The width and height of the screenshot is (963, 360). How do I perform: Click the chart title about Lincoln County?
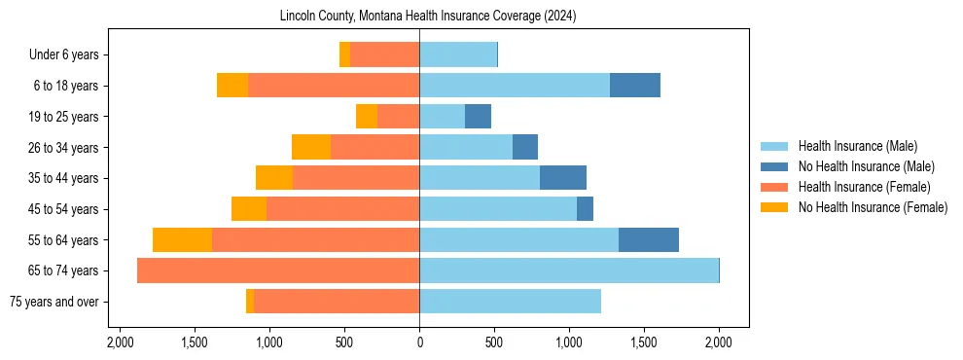[x=428, y=16]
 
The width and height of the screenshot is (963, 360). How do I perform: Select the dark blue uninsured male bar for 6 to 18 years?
[x=634, y=86]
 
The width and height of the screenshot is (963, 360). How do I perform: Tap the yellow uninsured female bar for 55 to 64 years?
[x=182, y=239]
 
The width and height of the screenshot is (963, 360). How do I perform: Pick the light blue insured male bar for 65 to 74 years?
[x=568, y=270]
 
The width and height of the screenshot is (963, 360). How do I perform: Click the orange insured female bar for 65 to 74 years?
[x=278, y=270]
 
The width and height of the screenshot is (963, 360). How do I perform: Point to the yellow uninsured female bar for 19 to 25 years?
[x=367, y=117]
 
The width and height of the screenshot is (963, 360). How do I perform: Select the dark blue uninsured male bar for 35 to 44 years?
[x=562, y=178]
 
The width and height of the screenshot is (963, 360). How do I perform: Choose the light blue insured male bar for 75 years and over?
[x=510, y=302]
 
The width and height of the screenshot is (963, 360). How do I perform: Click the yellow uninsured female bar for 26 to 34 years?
[x=311, y=147]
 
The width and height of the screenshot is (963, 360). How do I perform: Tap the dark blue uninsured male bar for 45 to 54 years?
[x=585, y=209]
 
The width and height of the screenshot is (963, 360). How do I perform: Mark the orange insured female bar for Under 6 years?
[x=384, y=54]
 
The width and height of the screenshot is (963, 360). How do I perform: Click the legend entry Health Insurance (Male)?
[x=857, y=146]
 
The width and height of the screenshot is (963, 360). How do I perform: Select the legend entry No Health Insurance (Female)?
[x=873, y=207]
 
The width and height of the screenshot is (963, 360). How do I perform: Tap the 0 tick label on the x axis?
[x=419, y=342]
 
